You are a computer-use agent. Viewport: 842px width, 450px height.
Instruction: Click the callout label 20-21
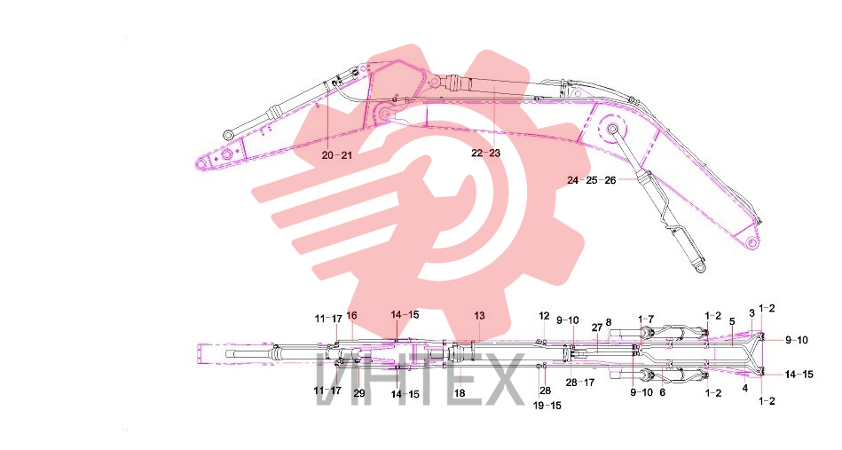coord(336,155)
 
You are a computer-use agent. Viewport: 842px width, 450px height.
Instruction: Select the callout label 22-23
coord(485,153)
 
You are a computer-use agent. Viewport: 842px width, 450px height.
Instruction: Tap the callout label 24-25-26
coord(591,180)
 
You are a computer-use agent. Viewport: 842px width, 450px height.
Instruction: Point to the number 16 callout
coord(351,315)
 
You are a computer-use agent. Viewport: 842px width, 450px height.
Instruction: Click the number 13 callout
coord(479,315)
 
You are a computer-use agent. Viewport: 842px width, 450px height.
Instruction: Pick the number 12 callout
coord(544,316)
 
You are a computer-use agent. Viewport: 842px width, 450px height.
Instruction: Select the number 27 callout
coord(596,328)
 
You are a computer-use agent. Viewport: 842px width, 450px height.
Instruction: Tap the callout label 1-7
coord(645,320)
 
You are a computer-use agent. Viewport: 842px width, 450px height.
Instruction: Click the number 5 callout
coord(732,322)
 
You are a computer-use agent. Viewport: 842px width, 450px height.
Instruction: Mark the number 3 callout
coord(752,313)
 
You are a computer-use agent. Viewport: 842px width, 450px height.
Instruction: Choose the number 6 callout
coord(662,392)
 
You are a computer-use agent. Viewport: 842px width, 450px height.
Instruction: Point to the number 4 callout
coord(744,388)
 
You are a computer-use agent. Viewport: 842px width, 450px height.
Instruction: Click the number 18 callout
coord(460,393)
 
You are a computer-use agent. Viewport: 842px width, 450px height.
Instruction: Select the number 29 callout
coord(359,393)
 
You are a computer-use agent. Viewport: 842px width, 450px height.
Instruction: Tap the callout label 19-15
coord(547,406)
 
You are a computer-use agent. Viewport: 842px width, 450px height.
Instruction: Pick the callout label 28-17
coord(580,383)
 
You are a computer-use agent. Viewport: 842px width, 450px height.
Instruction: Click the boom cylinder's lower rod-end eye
coord(699,268)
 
